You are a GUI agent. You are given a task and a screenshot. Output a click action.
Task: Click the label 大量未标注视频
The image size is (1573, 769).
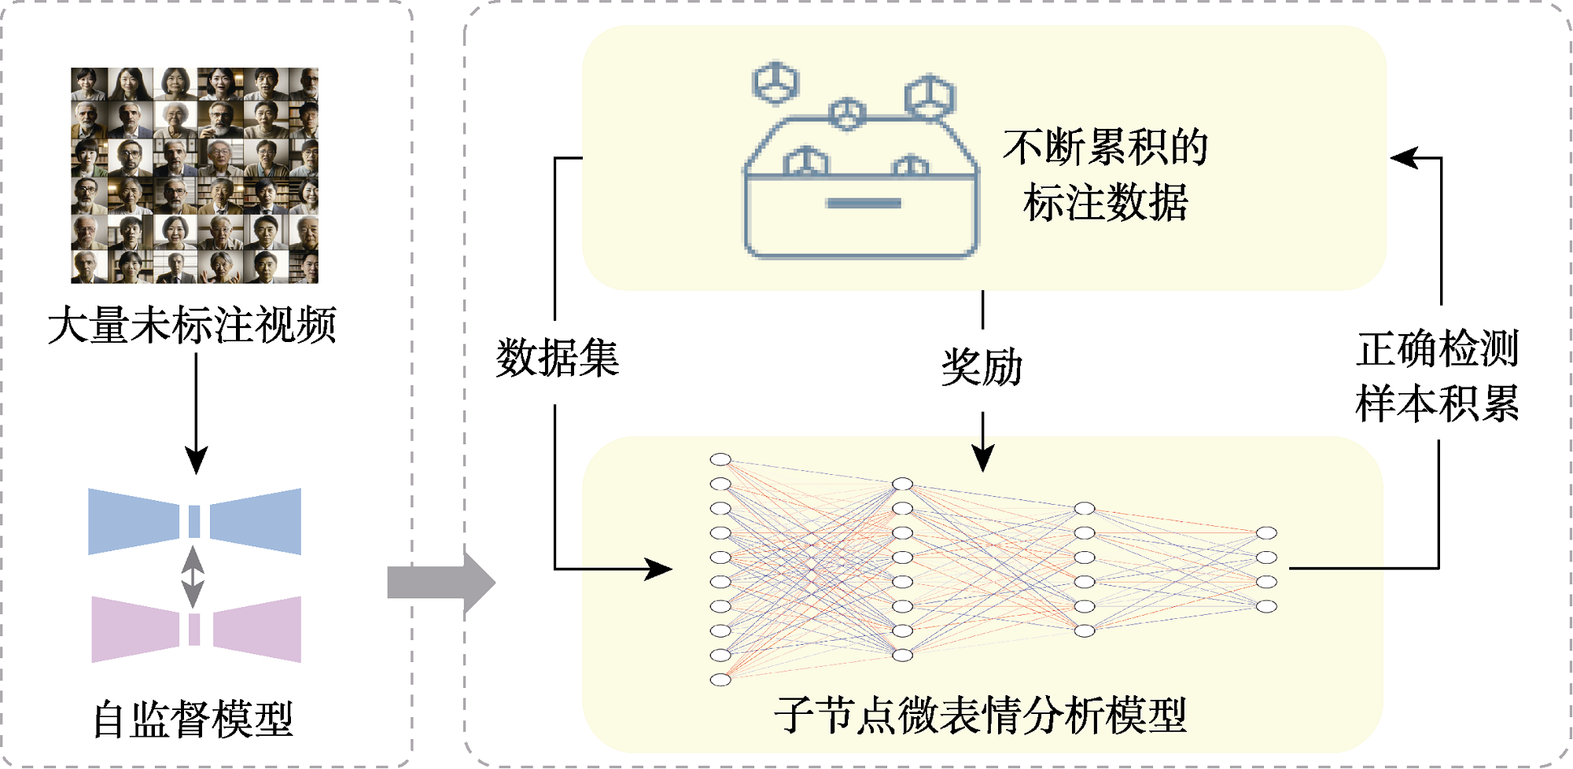tap(193, 325)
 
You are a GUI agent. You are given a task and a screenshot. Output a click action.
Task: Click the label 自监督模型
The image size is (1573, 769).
tap(193, 719)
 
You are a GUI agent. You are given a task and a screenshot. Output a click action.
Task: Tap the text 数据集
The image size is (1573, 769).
tap(557, 359)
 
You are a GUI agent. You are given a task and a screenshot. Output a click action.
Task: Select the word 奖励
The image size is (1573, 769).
tap(982, 367)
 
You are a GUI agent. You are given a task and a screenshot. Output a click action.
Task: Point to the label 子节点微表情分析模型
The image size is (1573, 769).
tap(980, 715)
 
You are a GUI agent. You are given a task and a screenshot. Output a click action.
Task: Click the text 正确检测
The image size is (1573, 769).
tap(1437, 349)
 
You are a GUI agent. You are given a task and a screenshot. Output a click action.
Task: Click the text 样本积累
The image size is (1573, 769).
tap(1437, 404)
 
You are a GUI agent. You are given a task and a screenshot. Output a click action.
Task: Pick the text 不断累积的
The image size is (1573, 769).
tap(1105, 147)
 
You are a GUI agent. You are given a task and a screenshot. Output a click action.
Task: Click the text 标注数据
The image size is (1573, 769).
tap(1105, 202)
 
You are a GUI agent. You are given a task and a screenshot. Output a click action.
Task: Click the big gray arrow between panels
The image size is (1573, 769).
tap(440, 583)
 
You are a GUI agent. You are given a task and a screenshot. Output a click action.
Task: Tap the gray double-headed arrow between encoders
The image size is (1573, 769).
tap(193, 576)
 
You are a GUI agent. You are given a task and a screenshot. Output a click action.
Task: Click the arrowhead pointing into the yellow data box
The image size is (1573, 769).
tap(1404, 158)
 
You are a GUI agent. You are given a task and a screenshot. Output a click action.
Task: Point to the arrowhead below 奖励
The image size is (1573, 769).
tap(982, 458)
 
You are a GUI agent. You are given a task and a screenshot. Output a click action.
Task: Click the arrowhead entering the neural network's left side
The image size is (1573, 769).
tap(659, 568)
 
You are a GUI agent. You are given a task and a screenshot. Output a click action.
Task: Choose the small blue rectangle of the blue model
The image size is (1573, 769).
tap(194, 521)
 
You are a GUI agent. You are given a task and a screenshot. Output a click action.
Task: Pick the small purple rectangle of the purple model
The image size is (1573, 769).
tap(194, 629)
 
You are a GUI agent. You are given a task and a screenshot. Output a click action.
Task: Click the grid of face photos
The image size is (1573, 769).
tap(194, 175)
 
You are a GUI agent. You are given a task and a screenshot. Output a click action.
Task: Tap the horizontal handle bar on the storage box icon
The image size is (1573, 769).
tap(863, 204)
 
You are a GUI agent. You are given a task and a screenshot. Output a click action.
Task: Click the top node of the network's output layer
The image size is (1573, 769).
tap(1266, 533)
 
